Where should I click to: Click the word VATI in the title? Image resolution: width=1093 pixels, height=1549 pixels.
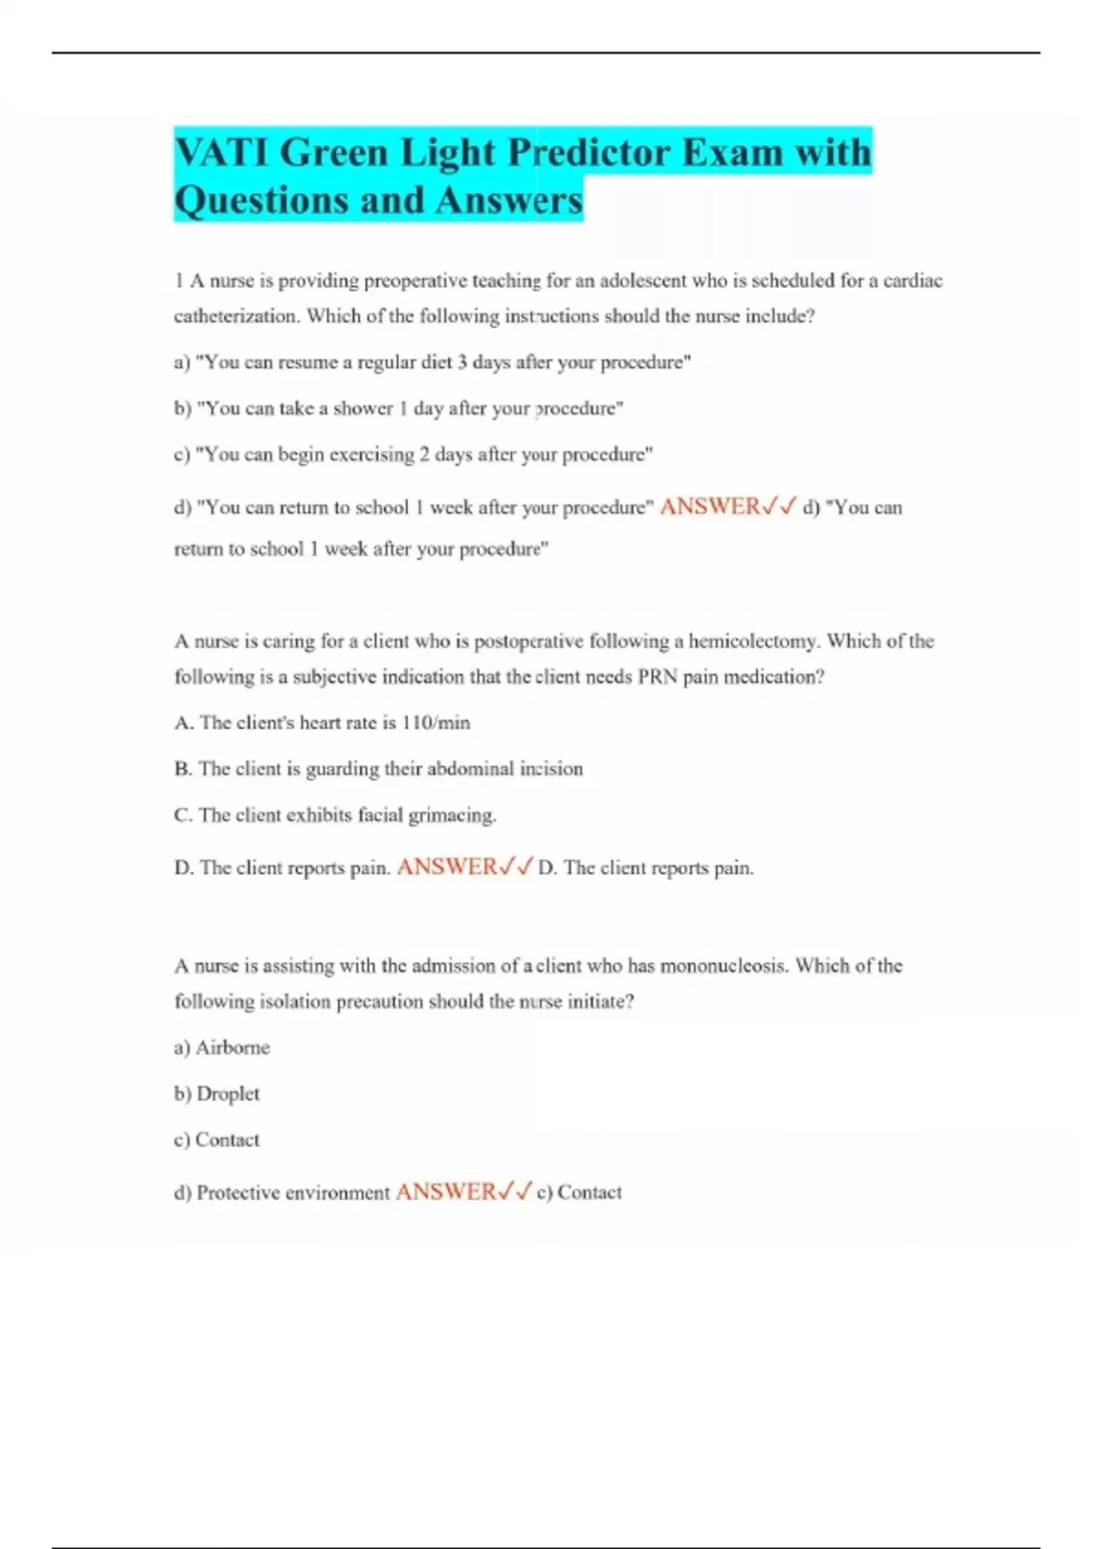[220, 152]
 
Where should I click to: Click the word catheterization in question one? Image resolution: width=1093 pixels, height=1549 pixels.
[235, 316]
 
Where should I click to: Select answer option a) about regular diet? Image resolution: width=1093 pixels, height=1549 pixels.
[432, 362]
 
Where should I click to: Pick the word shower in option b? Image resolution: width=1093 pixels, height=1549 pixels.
[363, 408]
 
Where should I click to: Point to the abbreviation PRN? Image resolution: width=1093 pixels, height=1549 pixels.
[657, 676]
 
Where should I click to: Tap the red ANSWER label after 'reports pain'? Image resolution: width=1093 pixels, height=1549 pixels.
[447, 867]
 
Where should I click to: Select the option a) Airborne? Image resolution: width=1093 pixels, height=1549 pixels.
[222, 1047]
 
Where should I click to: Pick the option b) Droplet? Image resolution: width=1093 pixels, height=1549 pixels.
[217, 1093]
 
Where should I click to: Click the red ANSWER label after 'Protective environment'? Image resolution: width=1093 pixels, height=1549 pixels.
[445, 1191]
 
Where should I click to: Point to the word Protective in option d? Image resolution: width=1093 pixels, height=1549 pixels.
[238, 1193]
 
